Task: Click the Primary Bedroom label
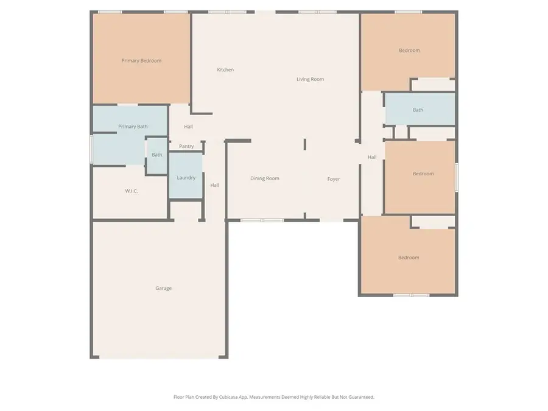pyautogui.click(x=141, y=60)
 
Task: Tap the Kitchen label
pyautogui.click(x=225, y=69)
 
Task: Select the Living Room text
pyautogui.click(x=310, y=79)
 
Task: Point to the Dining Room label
pyautogui.click(x=265, y=178)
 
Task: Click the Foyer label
pyautogui.click(x=333, y=179)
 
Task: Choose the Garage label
pyautogui.click(x=163, y=288)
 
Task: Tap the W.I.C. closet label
pyautogui.click(x=132, y=191)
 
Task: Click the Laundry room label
pyautogui.click(x=186, y=178)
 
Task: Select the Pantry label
pyautogui.click(x=186, y=146)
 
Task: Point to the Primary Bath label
pyautogui.click(x=133, y=127)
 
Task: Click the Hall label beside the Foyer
pyautogui.click(x=372, y=157)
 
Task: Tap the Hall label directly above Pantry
pyautogui.click(x=188, y=127)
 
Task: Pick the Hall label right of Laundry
pyautogui.click(x=215, y=185)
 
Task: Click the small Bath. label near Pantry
pyautogui.click(x=157, y=155)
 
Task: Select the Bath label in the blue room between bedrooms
pyautogui.click(x=418, y=110)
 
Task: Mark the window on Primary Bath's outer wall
pyautogui.click(x=91, y=149)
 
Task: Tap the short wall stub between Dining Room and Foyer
pyautogui.click(x=305, y=144)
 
